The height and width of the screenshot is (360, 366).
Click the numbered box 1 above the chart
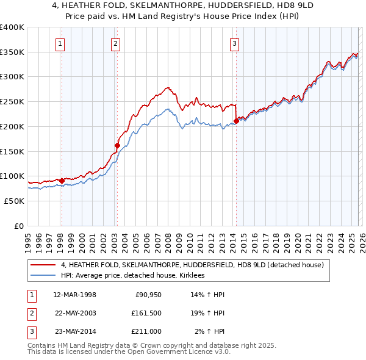pos(61,43)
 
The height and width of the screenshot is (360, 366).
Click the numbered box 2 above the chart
pos(116,43)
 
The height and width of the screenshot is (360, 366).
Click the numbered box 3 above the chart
pos(235,43)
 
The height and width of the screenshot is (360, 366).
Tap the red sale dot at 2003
pos(117,145)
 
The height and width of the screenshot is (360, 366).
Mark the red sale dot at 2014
pos(235,121)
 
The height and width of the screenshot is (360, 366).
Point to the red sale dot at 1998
pos(62,180)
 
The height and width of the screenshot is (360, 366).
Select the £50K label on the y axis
pos(13,201)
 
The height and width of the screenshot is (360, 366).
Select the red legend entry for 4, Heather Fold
pos(195,265)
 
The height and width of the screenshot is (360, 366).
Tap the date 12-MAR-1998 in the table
pos(74,295)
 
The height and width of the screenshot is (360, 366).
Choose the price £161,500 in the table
pos(146,313)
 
